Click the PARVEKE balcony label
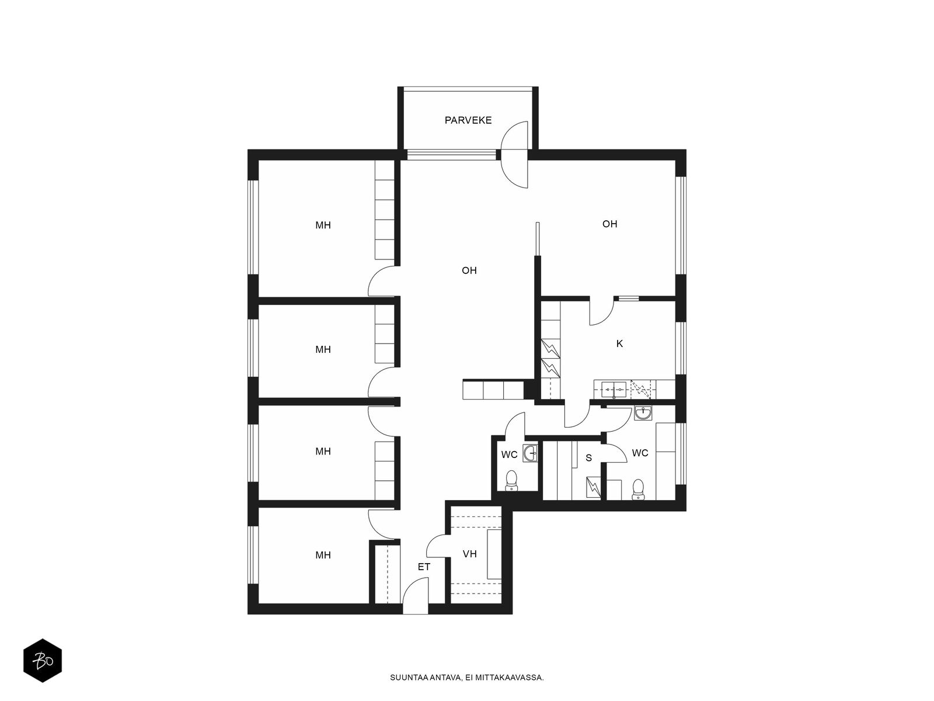tap(468, 120)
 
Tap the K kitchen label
tap(619, 343)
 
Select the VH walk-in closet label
tap(469, 554)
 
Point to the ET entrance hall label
tap(424, 567)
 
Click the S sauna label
tap(588, 458)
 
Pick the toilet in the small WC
tap(511, 481)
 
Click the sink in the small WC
tap(530, 452)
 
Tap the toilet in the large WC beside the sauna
tap(637, 490)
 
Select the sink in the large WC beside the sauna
tap(643, 413)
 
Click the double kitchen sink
tap(614, 389)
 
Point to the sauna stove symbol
tap(593, 487)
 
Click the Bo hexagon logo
tap(43, 661)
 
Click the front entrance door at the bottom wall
tap(415, 596)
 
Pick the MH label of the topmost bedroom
tap(323, 225)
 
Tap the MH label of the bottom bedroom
tap(323, 555)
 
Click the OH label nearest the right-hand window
tap(609, 224)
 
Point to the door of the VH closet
tap(437, 546)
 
